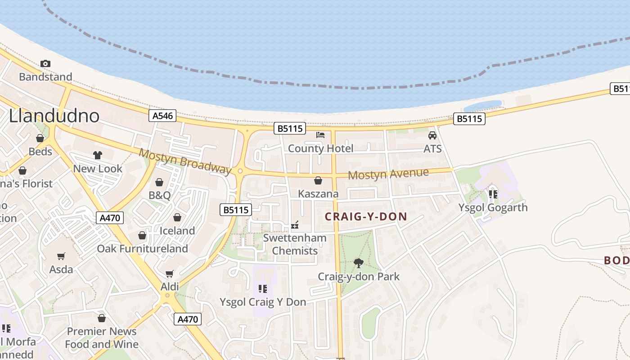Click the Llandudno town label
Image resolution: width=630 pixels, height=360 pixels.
pyautogui.click(x=54, y=116)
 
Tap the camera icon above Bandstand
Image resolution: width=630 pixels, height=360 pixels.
pyautogui.click(x=45, y=63)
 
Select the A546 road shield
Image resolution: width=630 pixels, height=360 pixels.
pyautogui.click(x=162, y=116)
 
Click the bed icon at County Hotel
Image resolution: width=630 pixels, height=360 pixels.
pyautogui.click(x=320, y=135)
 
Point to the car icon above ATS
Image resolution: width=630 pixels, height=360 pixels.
pyautogui.click(x=432, y=135)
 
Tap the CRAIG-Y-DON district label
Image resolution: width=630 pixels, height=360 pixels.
pyautogui.click(x=366, y=216)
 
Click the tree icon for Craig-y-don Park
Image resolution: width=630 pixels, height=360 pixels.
pyautogui.click(x=359, y=263)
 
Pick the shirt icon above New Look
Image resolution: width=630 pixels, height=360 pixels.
pyautogui.click(x=98, y=155)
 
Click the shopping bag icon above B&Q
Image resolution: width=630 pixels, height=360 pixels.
pyautogui.click(x=159, y=182)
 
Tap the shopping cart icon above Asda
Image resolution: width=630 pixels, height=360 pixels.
pyautogui.click(x=61, y=256)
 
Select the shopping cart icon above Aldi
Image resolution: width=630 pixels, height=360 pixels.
pyautogui.click(x=170, y=274)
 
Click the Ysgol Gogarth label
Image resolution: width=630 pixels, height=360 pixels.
pyautogui.click(x=493, y=207)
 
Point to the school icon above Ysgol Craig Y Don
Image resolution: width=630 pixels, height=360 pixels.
pyautogui.click(x=263, y=288)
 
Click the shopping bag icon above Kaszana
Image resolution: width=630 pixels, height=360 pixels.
pyautogui.click(x=318, y=180)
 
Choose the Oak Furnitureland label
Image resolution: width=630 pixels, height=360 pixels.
pyautogui.click(x=142, y=248)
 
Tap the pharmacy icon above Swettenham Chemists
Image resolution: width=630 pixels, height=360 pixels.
pyautogui.click(x=295, y=225)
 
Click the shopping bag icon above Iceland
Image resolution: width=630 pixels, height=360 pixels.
pyautogui.click(x=177, y=217)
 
